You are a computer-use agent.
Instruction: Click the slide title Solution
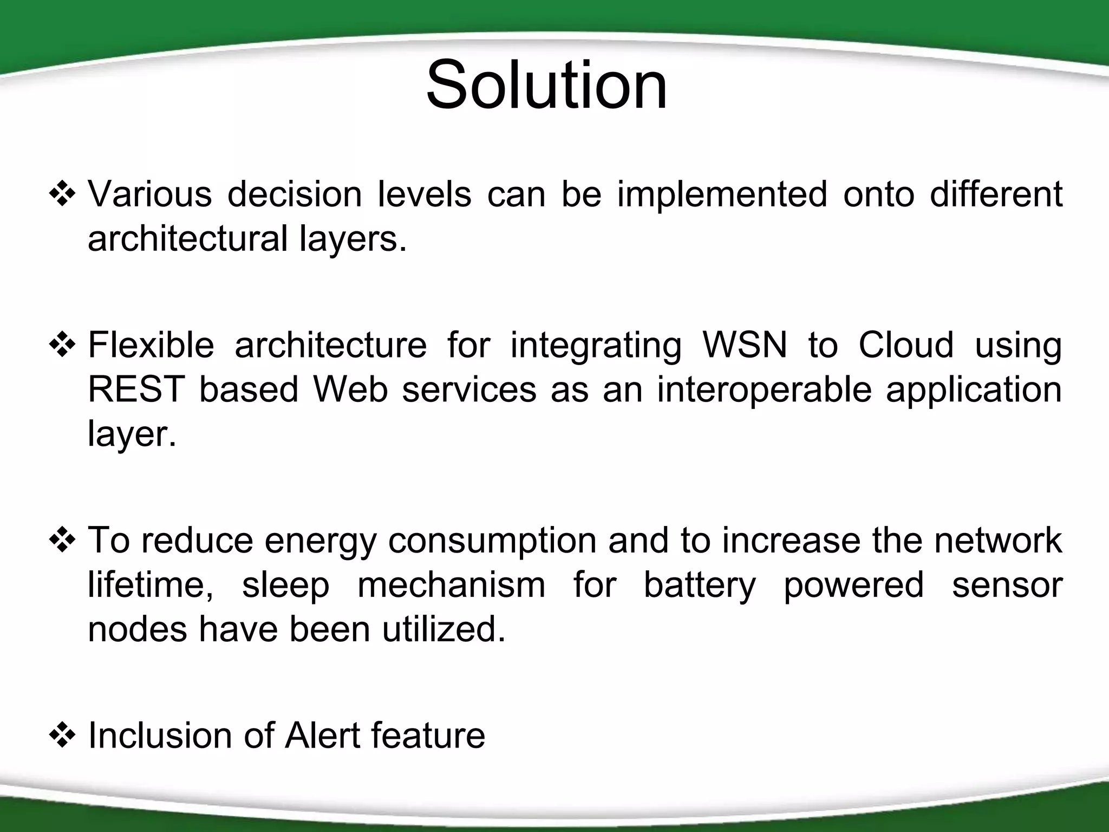(x=546, y=86)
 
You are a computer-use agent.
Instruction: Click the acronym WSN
(x=745, y=345)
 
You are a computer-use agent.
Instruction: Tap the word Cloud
(x=906, y=345)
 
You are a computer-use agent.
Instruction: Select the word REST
(x=136, y=389)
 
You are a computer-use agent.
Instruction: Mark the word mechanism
(x=451, y=586)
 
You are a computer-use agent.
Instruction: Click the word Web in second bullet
(x=350, y=389)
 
